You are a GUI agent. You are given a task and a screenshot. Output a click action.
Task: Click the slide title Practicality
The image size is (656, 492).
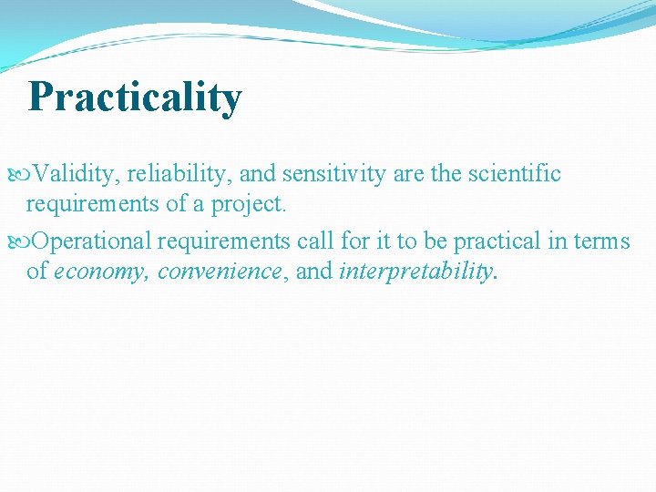(135, 97)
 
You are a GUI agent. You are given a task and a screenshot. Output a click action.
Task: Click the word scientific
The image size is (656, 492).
(515, 174)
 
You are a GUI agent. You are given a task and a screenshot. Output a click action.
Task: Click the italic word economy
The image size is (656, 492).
(103, 272)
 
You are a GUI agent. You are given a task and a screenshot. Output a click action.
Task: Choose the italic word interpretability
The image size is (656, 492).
(415, 272)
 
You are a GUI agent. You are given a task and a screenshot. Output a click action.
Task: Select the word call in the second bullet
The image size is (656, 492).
(322, 241)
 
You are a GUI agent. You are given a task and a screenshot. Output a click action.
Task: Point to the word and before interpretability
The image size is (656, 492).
(313, 272)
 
